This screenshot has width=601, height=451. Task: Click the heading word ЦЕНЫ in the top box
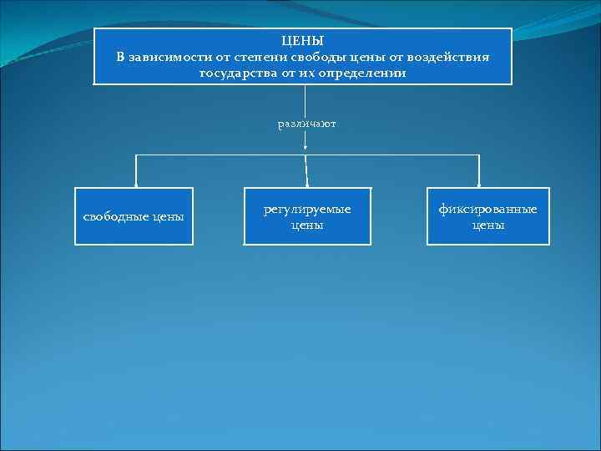click(302, 40)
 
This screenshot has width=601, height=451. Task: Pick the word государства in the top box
click(236, 73)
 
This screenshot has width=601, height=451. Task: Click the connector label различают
click(306, 124)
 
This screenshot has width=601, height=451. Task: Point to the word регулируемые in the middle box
click(307, 209)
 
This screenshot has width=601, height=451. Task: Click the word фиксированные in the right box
click(488, 209)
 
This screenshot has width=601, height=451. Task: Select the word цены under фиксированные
click(488, 225)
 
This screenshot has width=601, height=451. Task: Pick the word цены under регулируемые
click(307, 225)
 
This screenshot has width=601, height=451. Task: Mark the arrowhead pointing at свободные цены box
click(137, 183)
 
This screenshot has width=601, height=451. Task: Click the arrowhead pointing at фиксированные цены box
click(479, 183)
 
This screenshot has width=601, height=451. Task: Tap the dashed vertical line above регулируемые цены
click(307, 171)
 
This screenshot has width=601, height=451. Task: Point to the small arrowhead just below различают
click(306, 146)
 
